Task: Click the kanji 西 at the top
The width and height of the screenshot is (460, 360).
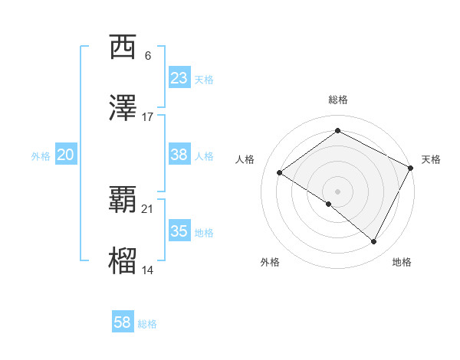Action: (x=123, y=47)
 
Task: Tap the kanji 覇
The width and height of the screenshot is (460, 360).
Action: (x=123, y=201)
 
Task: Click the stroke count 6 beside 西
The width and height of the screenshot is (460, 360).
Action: (x=148, y=56)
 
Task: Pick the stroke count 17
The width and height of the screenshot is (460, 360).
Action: (x=148, y=117)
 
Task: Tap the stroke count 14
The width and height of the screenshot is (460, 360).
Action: (x=148, y=270)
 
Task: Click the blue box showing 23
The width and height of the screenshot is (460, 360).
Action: (x=179, y=78)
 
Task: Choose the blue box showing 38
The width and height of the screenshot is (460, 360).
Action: (x=179, y=155)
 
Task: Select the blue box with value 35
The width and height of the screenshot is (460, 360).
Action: (x=179, y=231)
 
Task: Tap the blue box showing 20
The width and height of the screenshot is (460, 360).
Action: (x=66, y=155)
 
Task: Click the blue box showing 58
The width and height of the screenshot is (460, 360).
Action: (x=123, y=322)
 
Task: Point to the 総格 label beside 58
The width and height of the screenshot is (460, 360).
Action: (x=147, y=324)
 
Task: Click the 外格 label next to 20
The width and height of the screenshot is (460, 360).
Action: (x=41, y=156)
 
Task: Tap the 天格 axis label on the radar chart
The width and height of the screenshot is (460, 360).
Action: (x=431, y=159)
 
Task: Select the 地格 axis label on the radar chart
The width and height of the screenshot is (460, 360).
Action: (x=402, y=262)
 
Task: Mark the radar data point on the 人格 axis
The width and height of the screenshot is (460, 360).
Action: (x=280, y=173)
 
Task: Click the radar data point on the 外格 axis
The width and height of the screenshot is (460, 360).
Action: (x=329, y=204)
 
